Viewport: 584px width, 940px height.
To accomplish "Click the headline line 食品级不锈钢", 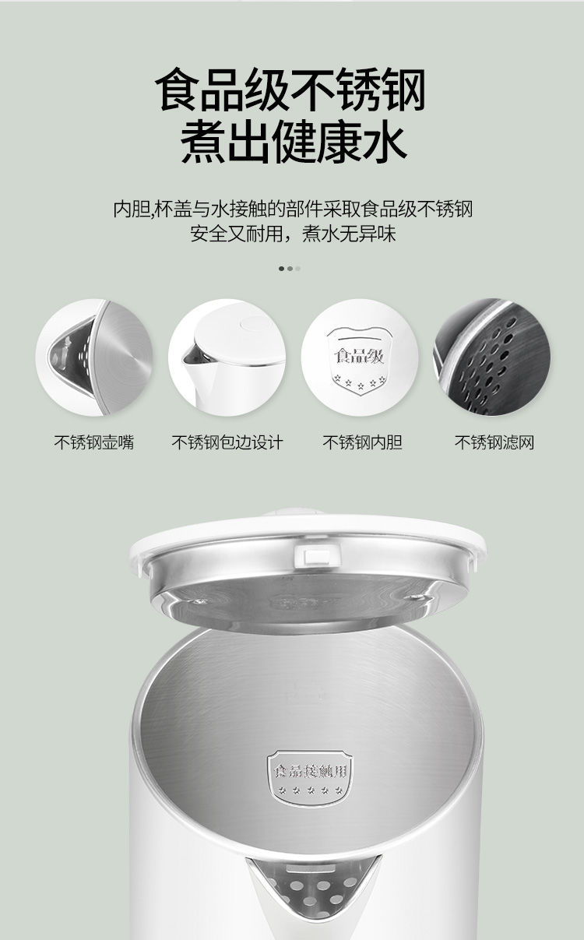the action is (290, 90).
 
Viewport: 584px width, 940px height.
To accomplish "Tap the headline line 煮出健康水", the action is (294, 142).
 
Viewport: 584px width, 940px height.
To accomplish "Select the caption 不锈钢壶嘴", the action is (94, 442).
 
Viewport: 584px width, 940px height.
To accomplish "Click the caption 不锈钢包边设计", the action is (227, 442).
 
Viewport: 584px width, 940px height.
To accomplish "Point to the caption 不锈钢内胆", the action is (363, 442).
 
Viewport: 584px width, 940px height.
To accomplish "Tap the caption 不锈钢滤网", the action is (494, 442).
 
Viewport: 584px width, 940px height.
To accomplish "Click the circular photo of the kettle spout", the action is (94, 357).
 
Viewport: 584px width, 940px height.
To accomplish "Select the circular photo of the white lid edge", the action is (227, 357).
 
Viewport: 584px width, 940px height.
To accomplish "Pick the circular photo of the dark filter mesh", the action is (492, 357).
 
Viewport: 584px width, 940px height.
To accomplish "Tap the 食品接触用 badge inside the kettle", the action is (310, 777).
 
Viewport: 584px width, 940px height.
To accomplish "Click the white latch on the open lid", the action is (317, 555).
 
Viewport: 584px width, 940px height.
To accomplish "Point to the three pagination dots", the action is (290, 269).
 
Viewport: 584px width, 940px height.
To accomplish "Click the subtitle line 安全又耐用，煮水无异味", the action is (293, 234).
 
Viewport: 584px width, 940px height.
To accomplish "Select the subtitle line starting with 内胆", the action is (293, 209).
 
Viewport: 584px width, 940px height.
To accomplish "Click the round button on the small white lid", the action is (252, 325).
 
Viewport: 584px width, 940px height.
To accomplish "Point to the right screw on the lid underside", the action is (416, 597).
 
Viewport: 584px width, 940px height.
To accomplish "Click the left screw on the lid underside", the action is (201, 602).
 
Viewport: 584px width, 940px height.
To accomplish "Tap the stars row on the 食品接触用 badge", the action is (311, 790).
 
